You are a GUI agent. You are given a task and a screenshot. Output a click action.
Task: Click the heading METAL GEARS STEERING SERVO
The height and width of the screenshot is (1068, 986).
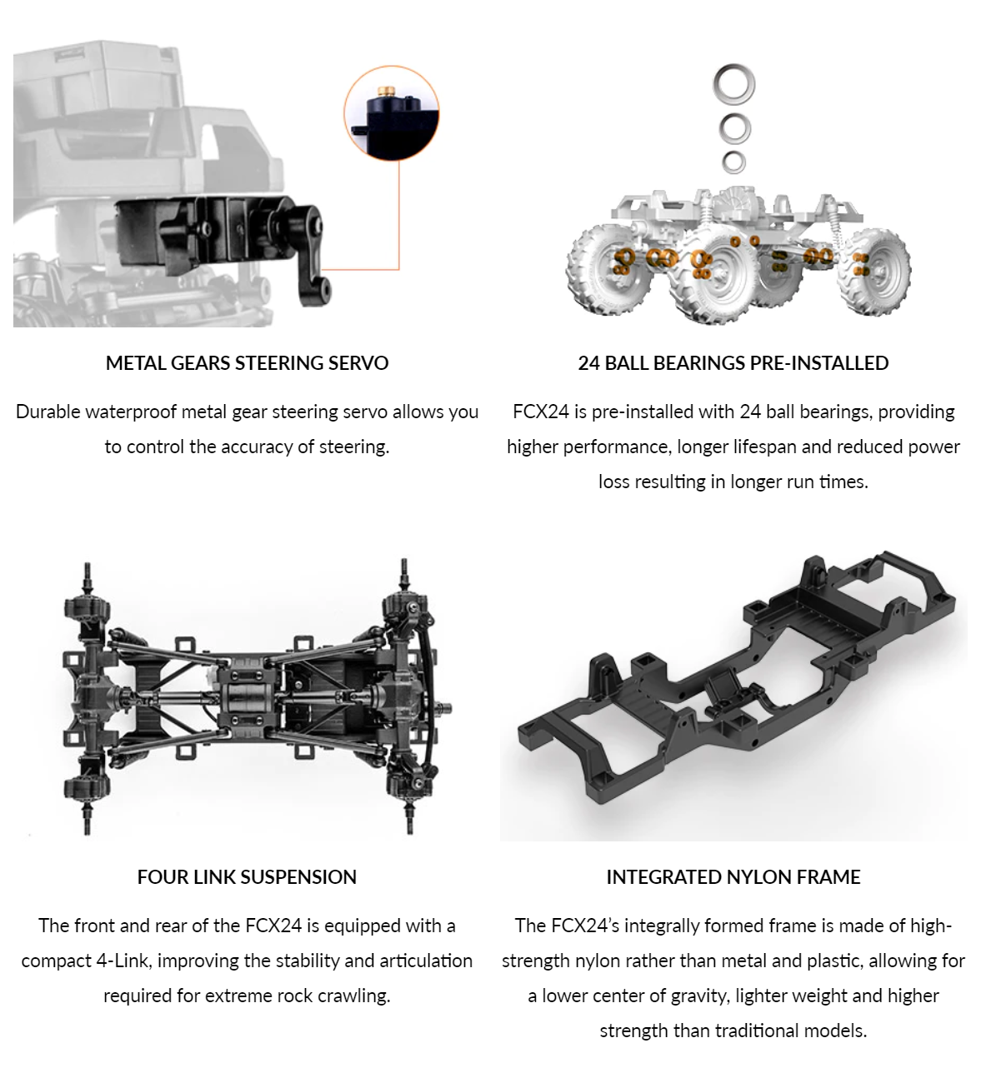click(247, 363)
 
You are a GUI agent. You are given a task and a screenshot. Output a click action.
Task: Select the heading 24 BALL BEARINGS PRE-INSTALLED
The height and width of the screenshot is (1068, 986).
click(733, 363)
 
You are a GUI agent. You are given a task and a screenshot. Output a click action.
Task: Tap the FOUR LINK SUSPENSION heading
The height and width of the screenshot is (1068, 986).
click(247, 877)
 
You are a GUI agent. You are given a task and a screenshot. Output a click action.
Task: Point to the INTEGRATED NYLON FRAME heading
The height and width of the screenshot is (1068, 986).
click(733, 877)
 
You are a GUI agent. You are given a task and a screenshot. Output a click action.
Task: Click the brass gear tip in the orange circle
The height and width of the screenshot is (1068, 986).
click(386, 92)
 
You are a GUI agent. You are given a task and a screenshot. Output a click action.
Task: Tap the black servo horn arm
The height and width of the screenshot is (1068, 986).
click(313, 252)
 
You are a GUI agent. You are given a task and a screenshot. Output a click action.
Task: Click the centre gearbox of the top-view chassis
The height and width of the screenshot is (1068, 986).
click(249, 696)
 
